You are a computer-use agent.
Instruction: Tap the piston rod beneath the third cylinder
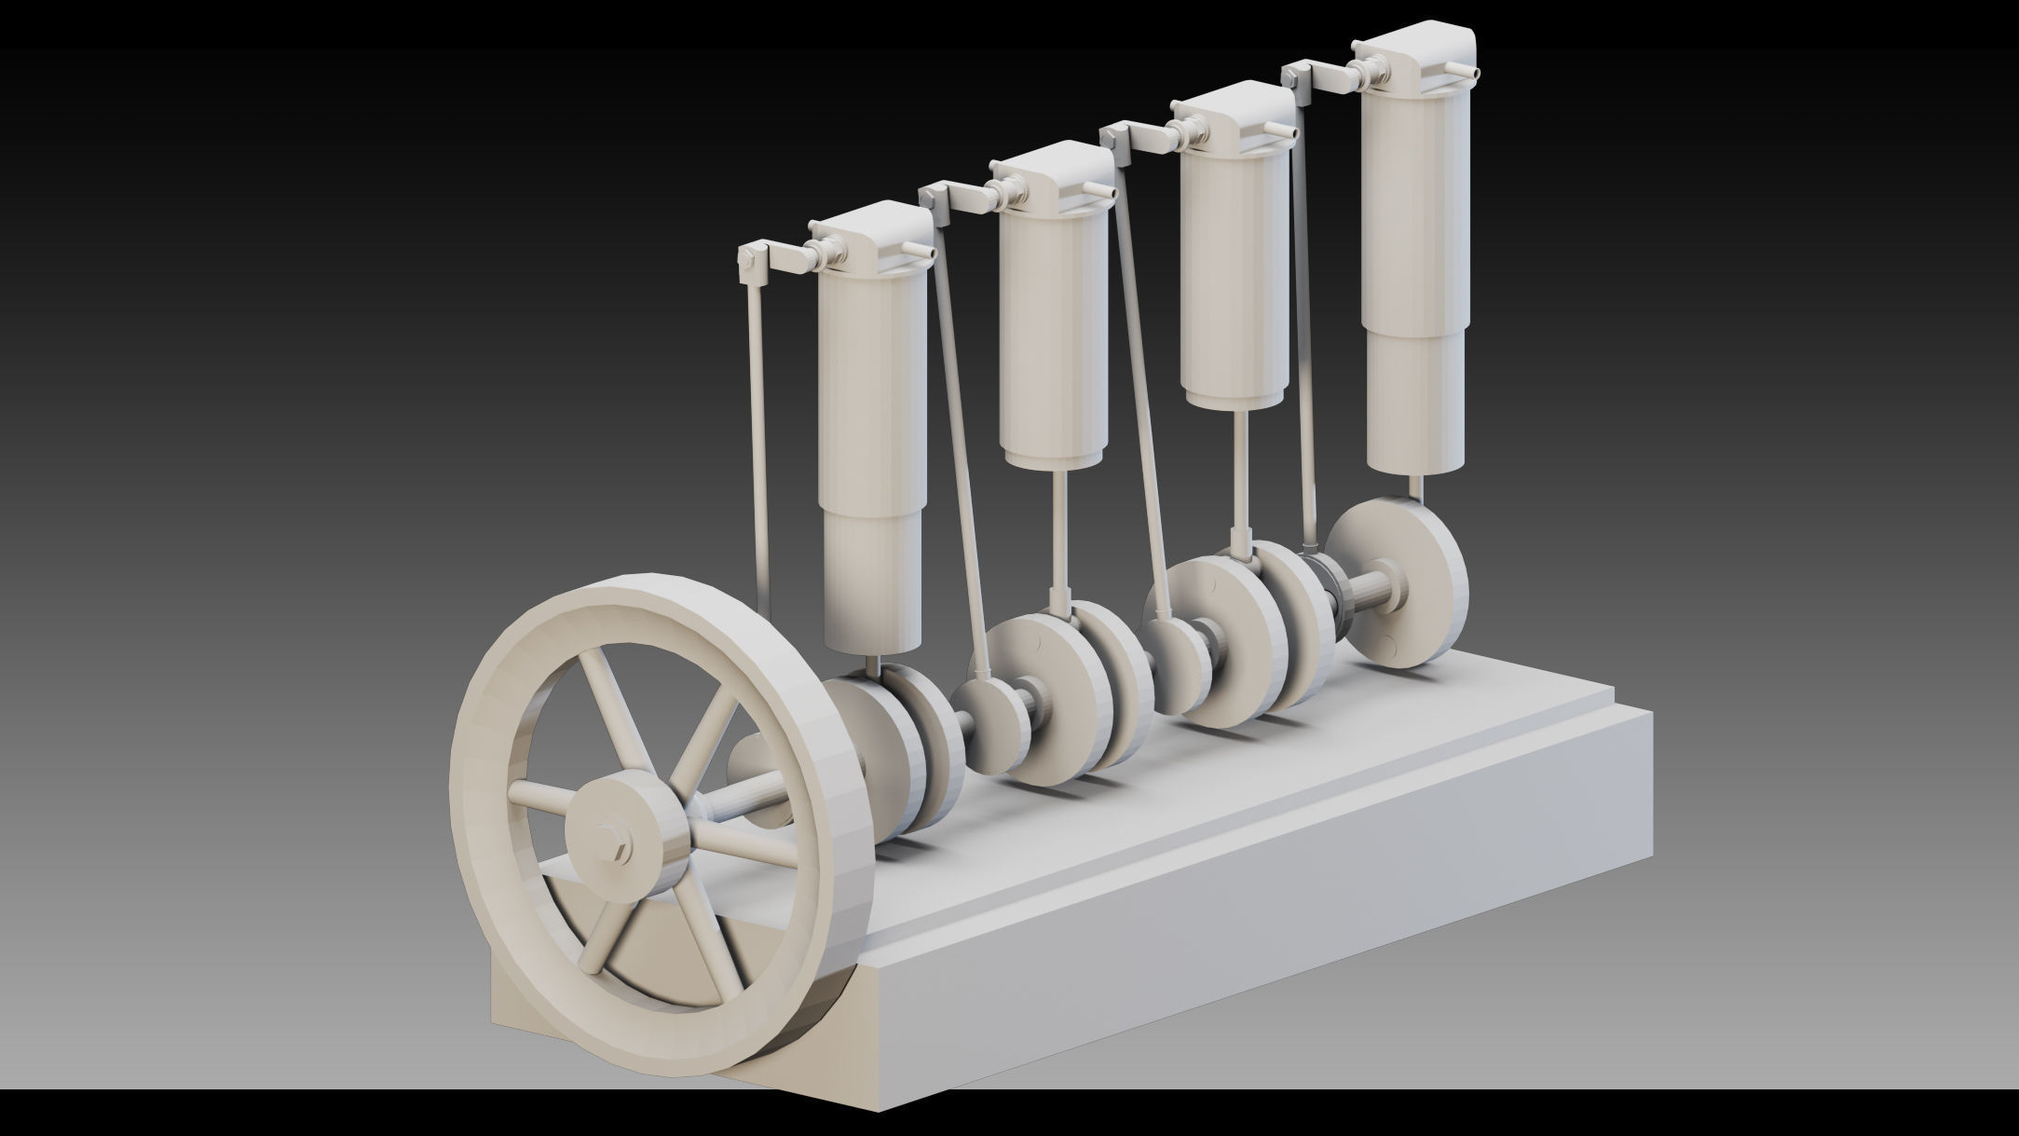point(1242,475)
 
